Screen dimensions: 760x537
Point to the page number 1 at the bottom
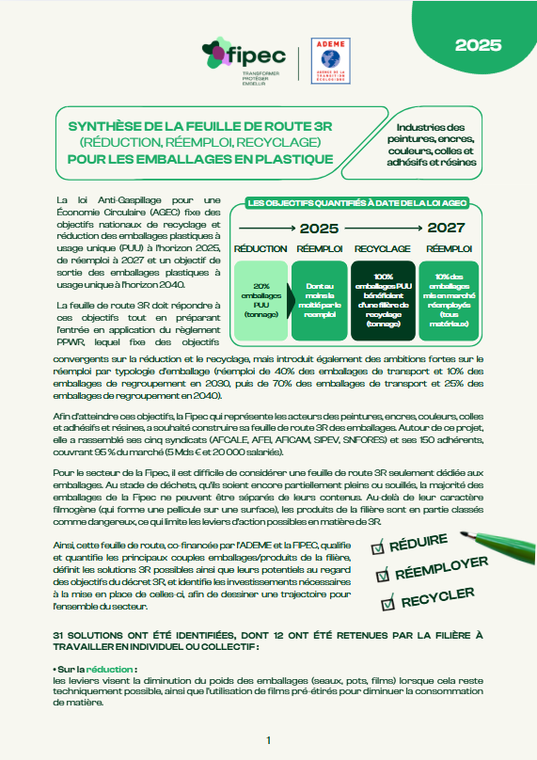[269, 741]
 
